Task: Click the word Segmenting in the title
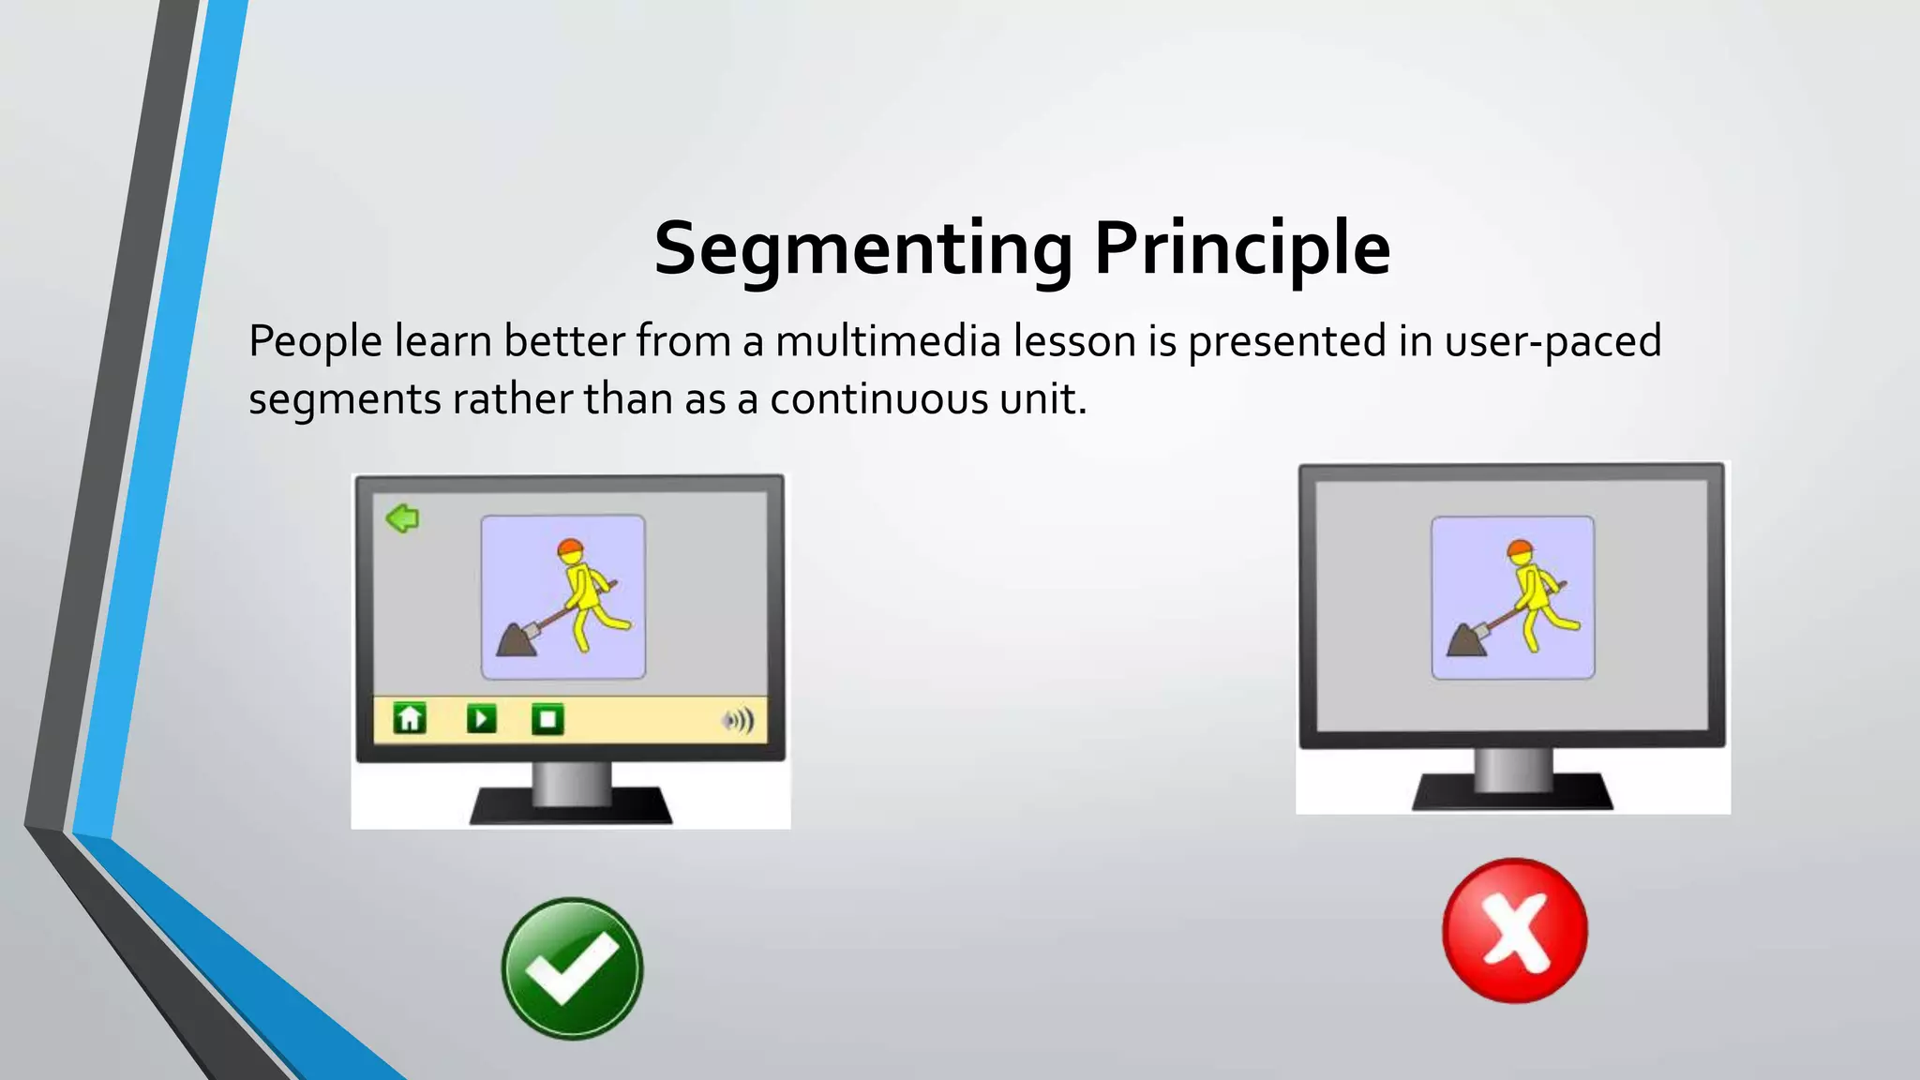862,248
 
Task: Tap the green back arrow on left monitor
403,517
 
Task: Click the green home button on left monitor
410,719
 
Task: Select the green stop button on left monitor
547,719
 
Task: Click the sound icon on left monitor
739,720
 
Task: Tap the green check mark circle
572,968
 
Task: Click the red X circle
1514,930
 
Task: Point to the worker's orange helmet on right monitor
1520,549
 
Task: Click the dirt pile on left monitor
515,642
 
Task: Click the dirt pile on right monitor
1465,642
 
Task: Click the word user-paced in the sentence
1552,340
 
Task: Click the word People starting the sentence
315,340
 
